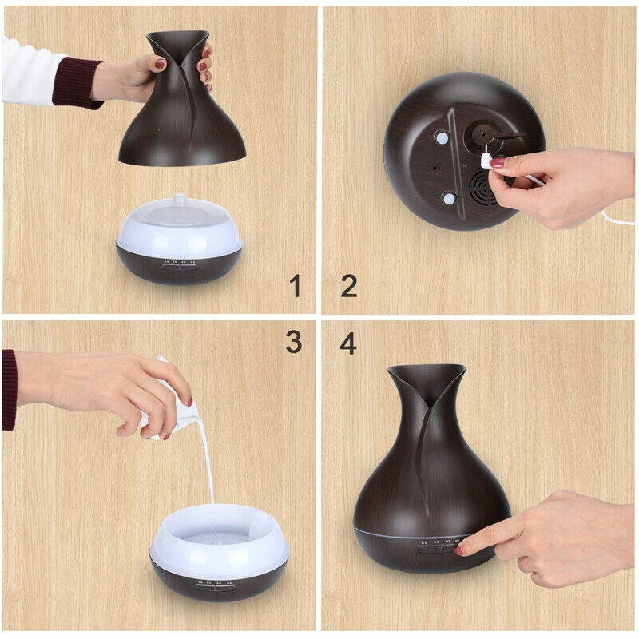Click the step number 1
(x=296, y=285)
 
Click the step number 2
(x=348, y=285)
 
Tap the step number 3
(x=294, y=342)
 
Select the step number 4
(x=348, y=343)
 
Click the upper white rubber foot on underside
(x=441, y=137)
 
